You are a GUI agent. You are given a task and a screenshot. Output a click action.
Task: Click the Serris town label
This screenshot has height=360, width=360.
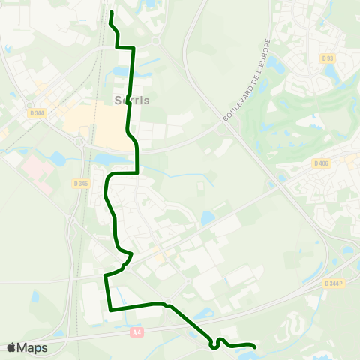tap(133, 100)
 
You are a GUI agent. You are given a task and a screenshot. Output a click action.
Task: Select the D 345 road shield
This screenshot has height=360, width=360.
tap(81, 183)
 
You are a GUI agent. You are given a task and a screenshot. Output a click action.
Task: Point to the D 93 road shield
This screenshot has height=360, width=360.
tap(326, 58)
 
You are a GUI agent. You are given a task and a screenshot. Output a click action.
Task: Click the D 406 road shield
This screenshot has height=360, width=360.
tap(320, 163)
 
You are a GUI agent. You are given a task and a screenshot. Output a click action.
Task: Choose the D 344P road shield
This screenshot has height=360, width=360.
tap(334, 283)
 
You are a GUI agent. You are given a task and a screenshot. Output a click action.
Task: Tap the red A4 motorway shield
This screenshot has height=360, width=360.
tap(136, 331)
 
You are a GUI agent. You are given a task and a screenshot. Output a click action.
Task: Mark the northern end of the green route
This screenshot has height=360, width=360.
tap(111, 13)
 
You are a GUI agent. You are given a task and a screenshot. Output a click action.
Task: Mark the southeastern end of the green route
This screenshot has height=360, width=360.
tap(255, 346)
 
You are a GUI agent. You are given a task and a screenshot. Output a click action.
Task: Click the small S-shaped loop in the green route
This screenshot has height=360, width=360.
tap(217, 343)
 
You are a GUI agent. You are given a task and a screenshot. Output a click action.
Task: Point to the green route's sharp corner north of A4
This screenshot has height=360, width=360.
tap(110, 309)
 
